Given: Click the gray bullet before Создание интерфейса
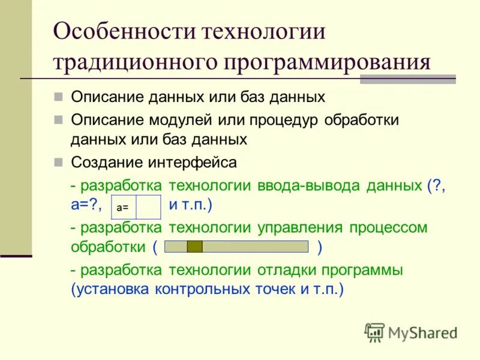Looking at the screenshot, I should pos(58,162).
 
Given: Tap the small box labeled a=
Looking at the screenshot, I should pos(123,207).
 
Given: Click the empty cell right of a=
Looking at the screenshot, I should pos(149,207).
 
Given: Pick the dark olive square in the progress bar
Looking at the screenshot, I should pos(194,247).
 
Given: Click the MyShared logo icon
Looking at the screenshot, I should pos(374,332).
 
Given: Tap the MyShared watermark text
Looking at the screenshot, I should pos(422,332).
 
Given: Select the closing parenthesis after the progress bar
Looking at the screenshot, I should pos(320,247).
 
